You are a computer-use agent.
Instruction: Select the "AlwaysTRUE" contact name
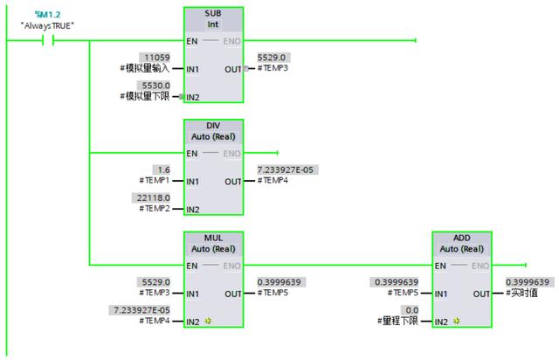(48, 25)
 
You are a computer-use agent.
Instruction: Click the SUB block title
(213, 14)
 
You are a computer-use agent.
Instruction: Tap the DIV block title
(213, 126)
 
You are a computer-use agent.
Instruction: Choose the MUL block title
(213, 238)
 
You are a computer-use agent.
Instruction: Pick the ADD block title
(461, 238)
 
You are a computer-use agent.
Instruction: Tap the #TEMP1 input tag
(155, 181)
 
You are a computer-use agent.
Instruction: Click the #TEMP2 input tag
(155, 210)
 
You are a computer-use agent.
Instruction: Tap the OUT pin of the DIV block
(232, 181)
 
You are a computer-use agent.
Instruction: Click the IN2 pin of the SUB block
(194, 96)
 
